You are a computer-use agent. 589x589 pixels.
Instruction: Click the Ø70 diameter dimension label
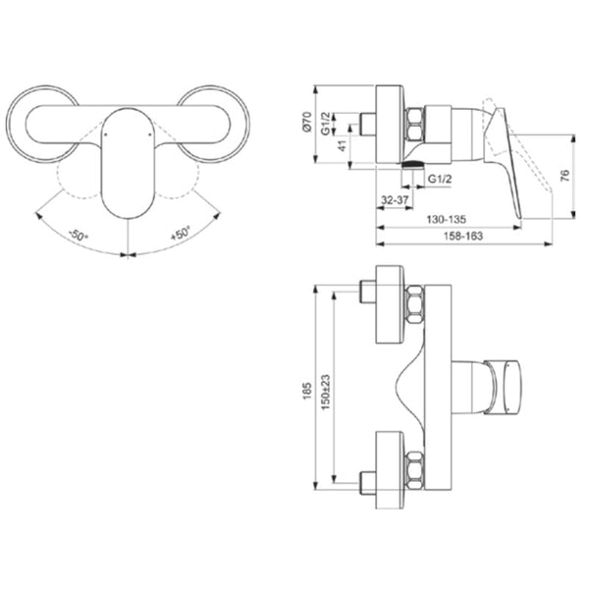point(307,122)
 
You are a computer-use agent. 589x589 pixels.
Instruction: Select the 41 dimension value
point(343,146)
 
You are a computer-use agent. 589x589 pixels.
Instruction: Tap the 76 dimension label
point(564,176)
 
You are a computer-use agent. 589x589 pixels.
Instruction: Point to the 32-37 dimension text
point(395,200)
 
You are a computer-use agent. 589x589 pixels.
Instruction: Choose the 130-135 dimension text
point(447,219)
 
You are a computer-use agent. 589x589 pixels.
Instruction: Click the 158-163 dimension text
point(463,237)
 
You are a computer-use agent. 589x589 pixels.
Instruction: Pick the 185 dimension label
point(307,391)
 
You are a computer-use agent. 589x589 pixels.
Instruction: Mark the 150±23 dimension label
point(325,392)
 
